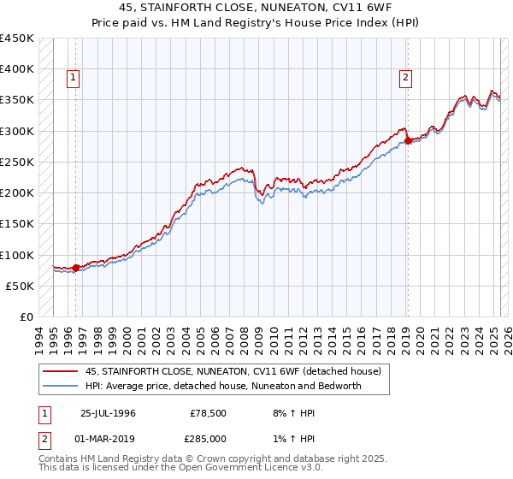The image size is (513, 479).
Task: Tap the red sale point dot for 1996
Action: (75, 268)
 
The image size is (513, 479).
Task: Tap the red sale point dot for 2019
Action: (408, 140)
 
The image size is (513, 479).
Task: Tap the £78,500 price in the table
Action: (205, 413)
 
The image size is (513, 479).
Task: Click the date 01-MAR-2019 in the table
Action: (107, 438)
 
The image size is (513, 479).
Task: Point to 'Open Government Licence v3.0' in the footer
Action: (225, 469)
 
